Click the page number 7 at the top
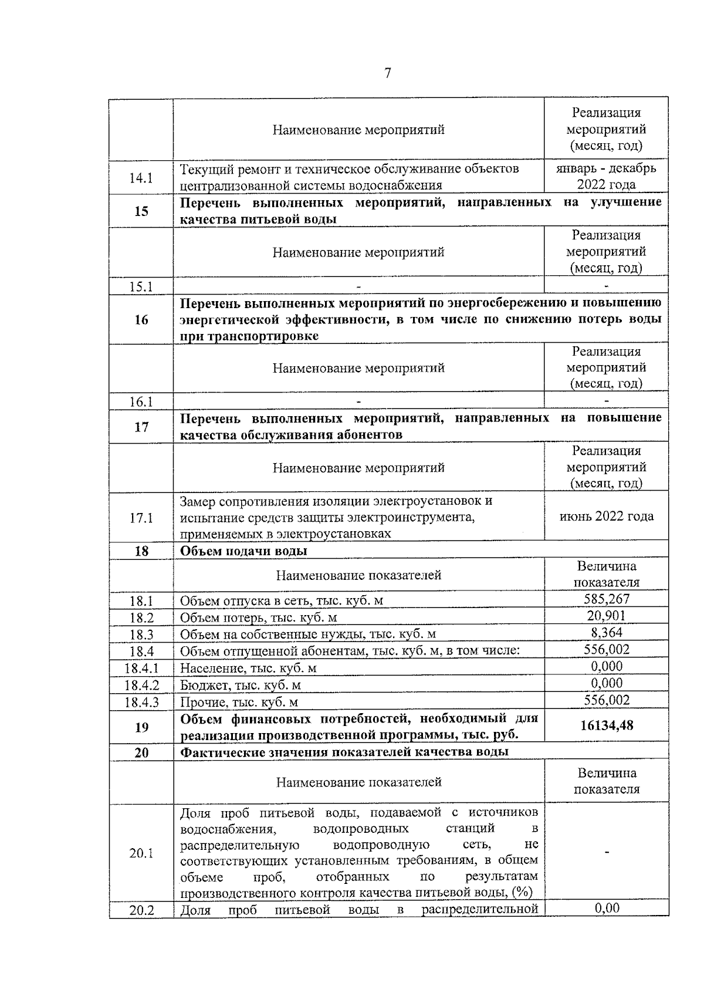[x=387, y=73]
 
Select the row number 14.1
[x=141, y=178]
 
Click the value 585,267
[x=606, y=599]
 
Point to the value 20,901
[x=606, y=616]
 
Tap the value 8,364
[x=606, y=633]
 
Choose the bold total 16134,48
[x=606, y=725]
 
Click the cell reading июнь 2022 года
[x=606, y=516]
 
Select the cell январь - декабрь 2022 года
[x=606, y=177]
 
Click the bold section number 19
[x=141, y=727]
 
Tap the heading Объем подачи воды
[x=243, y=551]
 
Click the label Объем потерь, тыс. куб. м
[x=258, y=617]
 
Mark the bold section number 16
[x=141, y=320]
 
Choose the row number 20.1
[x=141, y=853]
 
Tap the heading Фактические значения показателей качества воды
[x=344, y=752]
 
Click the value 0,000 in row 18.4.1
[x=606, y=666]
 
